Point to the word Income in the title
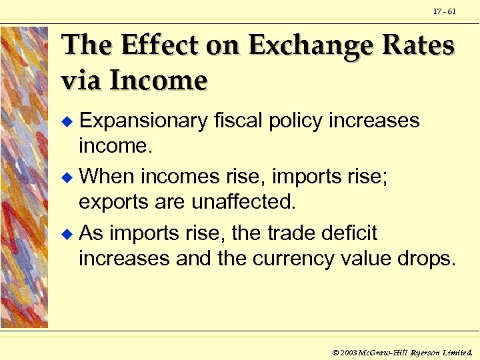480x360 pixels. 159,80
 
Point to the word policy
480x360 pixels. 299,121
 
